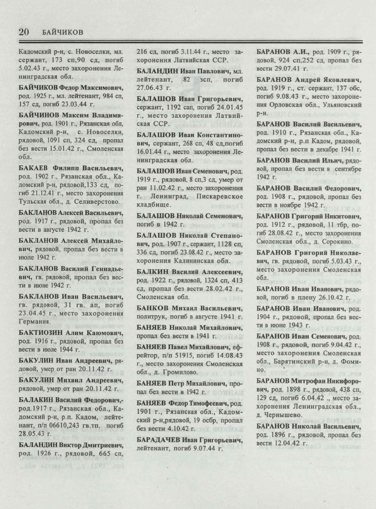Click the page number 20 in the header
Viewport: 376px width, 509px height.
point(24,32)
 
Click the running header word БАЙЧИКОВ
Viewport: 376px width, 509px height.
point(62,33)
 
